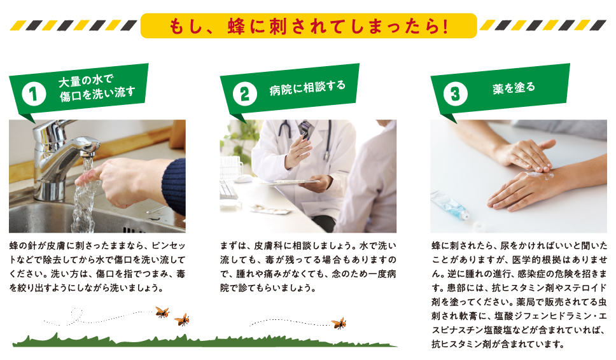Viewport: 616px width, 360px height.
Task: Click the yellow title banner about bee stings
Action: pyautogui.click(x=309, y=26)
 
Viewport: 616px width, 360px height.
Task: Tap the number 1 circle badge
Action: pyautogui.click(x=34, y=94)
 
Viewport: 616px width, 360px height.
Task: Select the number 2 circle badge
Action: pyautogui.click(x=245, y=94)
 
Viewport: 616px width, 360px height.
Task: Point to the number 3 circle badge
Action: pyautogui.click(x=456, y=94)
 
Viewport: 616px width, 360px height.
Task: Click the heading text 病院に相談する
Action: pyautogui.click(x=307, y=87)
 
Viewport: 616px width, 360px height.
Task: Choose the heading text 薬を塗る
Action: pyautogui.click(x=514, y=88)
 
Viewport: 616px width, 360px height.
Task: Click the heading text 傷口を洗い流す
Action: pyautogui.click(x=97, y=93)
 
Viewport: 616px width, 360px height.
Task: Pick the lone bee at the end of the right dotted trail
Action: pyautogui.click(x=339, y=323)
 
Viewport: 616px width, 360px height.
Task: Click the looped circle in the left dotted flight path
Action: pyautogui.click(x=76, y=314)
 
